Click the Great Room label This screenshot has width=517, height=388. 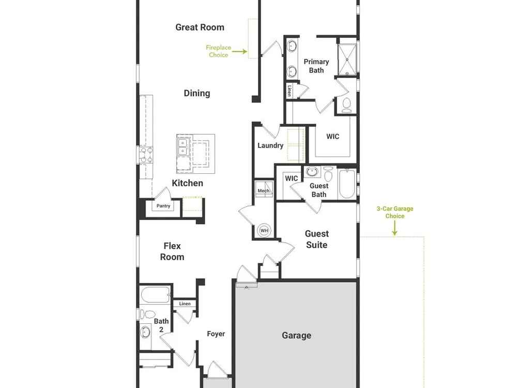click(x=200, y=27)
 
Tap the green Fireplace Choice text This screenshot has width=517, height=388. click(x=218, y=51)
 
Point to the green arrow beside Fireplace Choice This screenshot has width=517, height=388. click(x=240, y=51)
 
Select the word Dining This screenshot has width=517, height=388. click(x=197, y=93)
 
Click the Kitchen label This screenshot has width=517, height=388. click(x=187, y=183)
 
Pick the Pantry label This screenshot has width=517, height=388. click(x=163, y=206)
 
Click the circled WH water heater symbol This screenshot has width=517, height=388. click(x=264, y=230)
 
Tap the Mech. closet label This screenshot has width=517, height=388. click(x=264, y=191)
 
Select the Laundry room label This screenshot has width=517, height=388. click(x=270, y=145)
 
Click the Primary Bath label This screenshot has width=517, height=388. click(x=316, y=66)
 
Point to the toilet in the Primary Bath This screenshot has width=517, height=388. click(x=346, y=105)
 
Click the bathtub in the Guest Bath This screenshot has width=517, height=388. click(x=347, y=184)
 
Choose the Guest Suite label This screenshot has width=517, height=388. click(x=317, y=239)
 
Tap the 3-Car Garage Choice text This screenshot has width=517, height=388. click(x=395, y=212)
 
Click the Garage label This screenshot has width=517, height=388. click(x=296, y=336)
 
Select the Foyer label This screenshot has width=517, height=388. click(x=216, y=334)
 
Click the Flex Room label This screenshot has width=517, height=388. click(x=172, y=251)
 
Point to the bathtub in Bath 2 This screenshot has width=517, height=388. click(x=155, y=295)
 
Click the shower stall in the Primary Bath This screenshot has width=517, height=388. click(x=347, y=59)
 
